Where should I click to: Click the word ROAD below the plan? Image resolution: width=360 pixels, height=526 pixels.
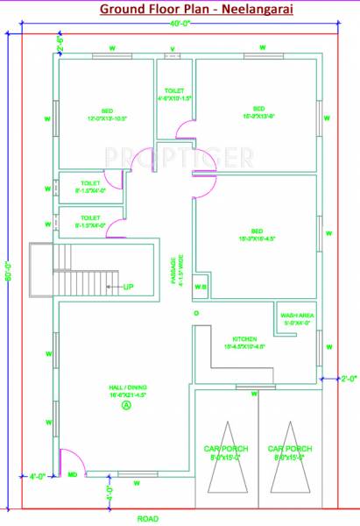148,518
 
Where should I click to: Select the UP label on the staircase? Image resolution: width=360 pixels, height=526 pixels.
127,287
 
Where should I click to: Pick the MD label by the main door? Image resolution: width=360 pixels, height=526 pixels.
73,475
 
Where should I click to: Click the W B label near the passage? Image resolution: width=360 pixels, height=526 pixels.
200,287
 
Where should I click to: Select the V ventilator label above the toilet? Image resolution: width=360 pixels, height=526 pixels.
172,48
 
